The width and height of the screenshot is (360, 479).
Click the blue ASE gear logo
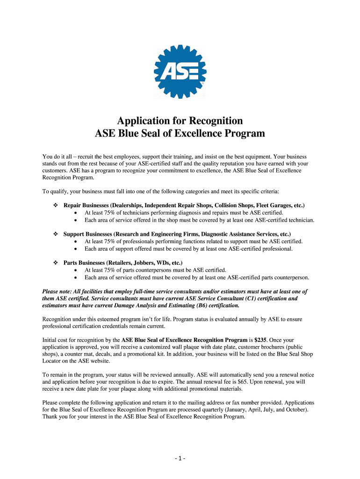coord(180,71)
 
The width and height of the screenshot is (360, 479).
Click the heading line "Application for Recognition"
coord(180,120)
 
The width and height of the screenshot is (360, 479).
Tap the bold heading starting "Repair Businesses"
coord(184,205)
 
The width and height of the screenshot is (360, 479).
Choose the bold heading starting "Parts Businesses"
coord(123,263)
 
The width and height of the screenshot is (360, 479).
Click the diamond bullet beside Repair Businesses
coord(55,206)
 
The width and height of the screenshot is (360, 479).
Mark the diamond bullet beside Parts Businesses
coord(55,263)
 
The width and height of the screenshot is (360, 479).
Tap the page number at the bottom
coord(180,458)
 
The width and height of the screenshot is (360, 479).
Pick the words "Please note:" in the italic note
coord(58,291)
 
